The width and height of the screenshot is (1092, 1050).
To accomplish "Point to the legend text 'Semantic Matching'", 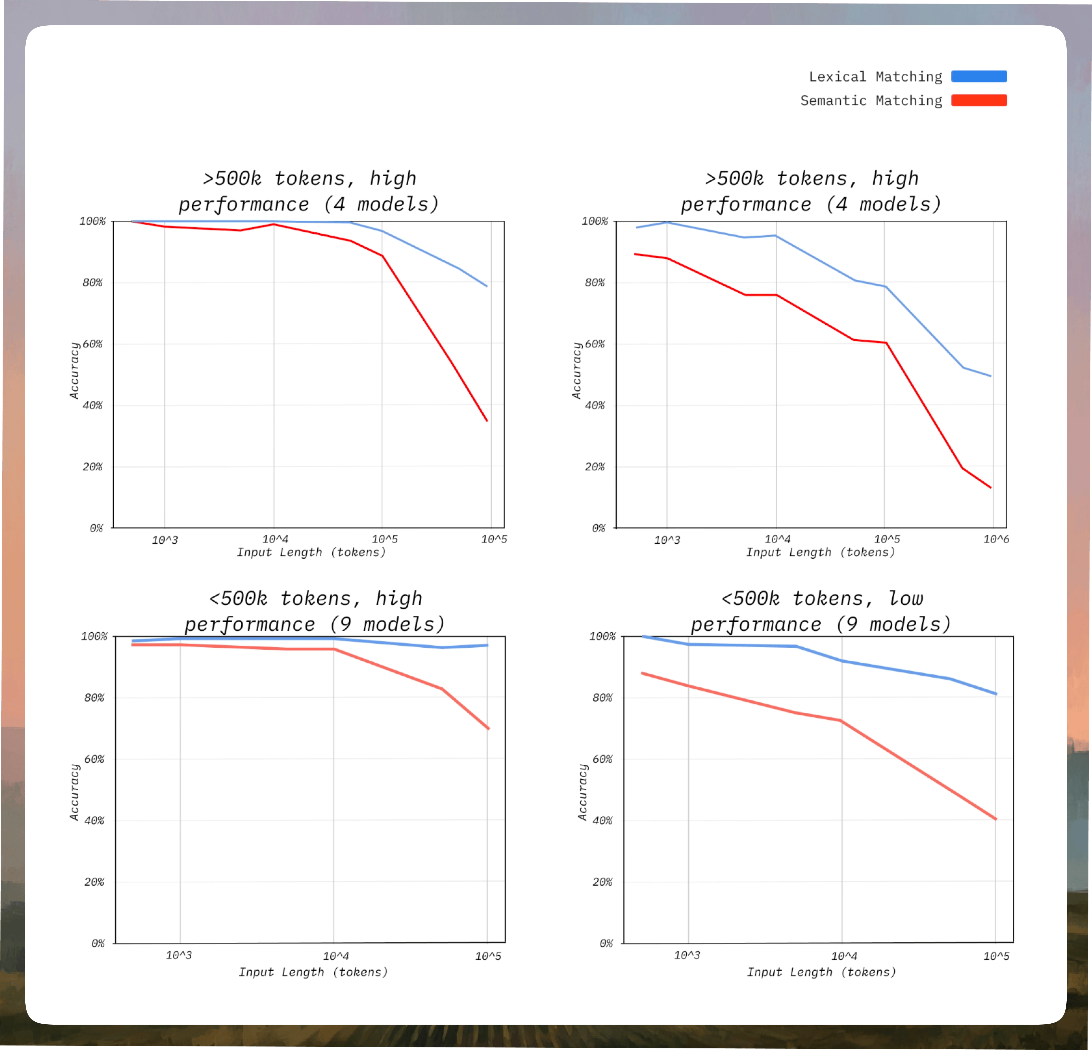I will pos(871,101).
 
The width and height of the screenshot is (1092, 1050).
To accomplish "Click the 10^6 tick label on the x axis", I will pos(996,539).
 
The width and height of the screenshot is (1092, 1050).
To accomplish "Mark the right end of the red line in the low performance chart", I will pos(996,819).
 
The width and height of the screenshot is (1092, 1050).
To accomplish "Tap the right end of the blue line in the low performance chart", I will pos(996,694).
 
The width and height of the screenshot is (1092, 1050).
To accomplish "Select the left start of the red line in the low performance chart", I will pos(642,673).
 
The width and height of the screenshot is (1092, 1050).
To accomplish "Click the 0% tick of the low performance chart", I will pos(606,943).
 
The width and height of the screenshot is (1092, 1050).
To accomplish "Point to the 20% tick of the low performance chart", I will pos(602,882).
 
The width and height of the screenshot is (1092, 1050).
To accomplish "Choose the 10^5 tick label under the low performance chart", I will pos(996,956).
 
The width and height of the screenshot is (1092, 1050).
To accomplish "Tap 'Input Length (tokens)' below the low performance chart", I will pos(821,972).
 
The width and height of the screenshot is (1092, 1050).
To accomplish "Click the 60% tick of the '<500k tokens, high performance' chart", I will pos(94,759).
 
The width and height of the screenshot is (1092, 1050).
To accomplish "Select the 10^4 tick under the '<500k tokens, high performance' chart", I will pos(336,956).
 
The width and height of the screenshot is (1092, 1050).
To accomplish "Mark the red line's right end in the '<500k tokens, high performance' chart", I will pos(488,728).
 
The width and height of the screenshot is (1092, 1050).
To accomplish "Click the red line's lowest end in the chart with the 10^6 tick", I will pos(991,488).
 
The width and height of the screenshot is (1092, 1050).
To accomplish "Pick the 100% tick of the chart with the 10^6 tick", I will pos(594,221).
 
